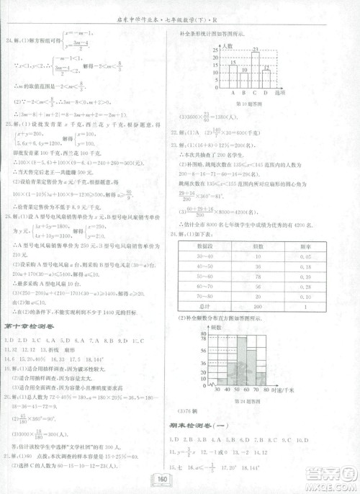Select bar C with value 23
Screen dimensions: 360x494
point(255,68)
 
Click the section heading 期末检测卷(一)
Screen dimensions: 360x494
point(197,426)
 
